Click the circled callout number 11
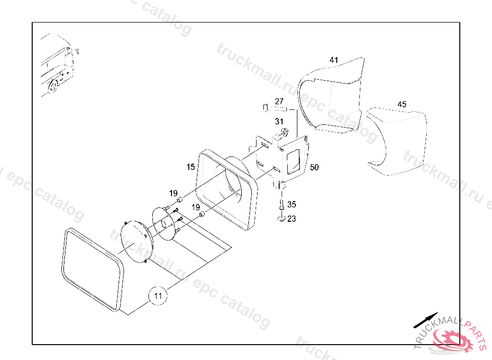[x=158, y=296]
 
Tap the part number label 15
[x=191, y=167]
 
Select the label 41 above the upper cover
[x=334, y=60]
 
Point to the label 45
[x=402, y=104]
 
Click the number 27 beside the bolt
[x=279, y=101]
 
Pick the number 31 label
[x=279, y=121]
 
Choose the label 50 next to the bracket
[x=314, y=167]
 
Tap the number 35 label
[x=292, y=204]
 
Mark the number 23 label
[x=292, y=219]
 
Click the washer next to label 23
[x=281, y=219]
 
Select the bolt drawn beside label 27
[x=275, y=108]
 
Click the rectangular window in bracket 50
[x=293, y=159]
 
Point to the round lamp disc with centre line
[x=136, y=242]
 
